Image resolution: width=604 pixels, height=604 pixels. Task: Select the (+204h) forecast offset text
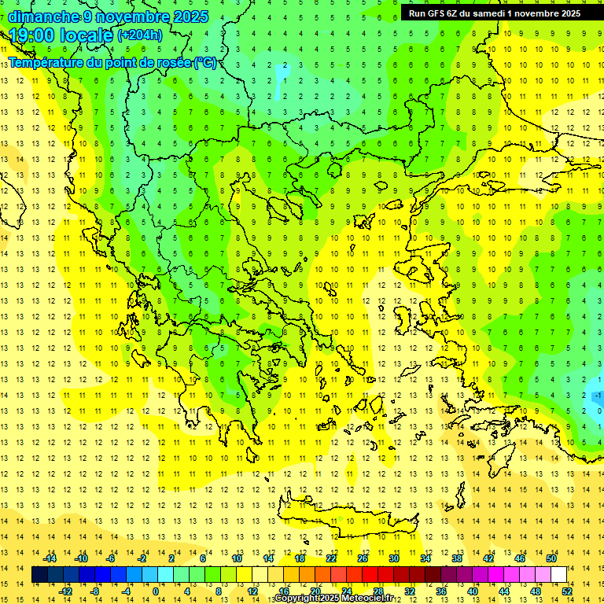[140, 35]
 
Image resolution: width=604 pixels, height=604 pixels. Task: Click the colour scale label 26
[363, 558]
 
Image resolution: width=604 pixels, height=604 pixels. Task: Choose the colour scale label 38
[457, 558]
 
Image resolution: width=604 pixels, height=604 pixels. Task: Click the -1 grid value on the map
[598, 395]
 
